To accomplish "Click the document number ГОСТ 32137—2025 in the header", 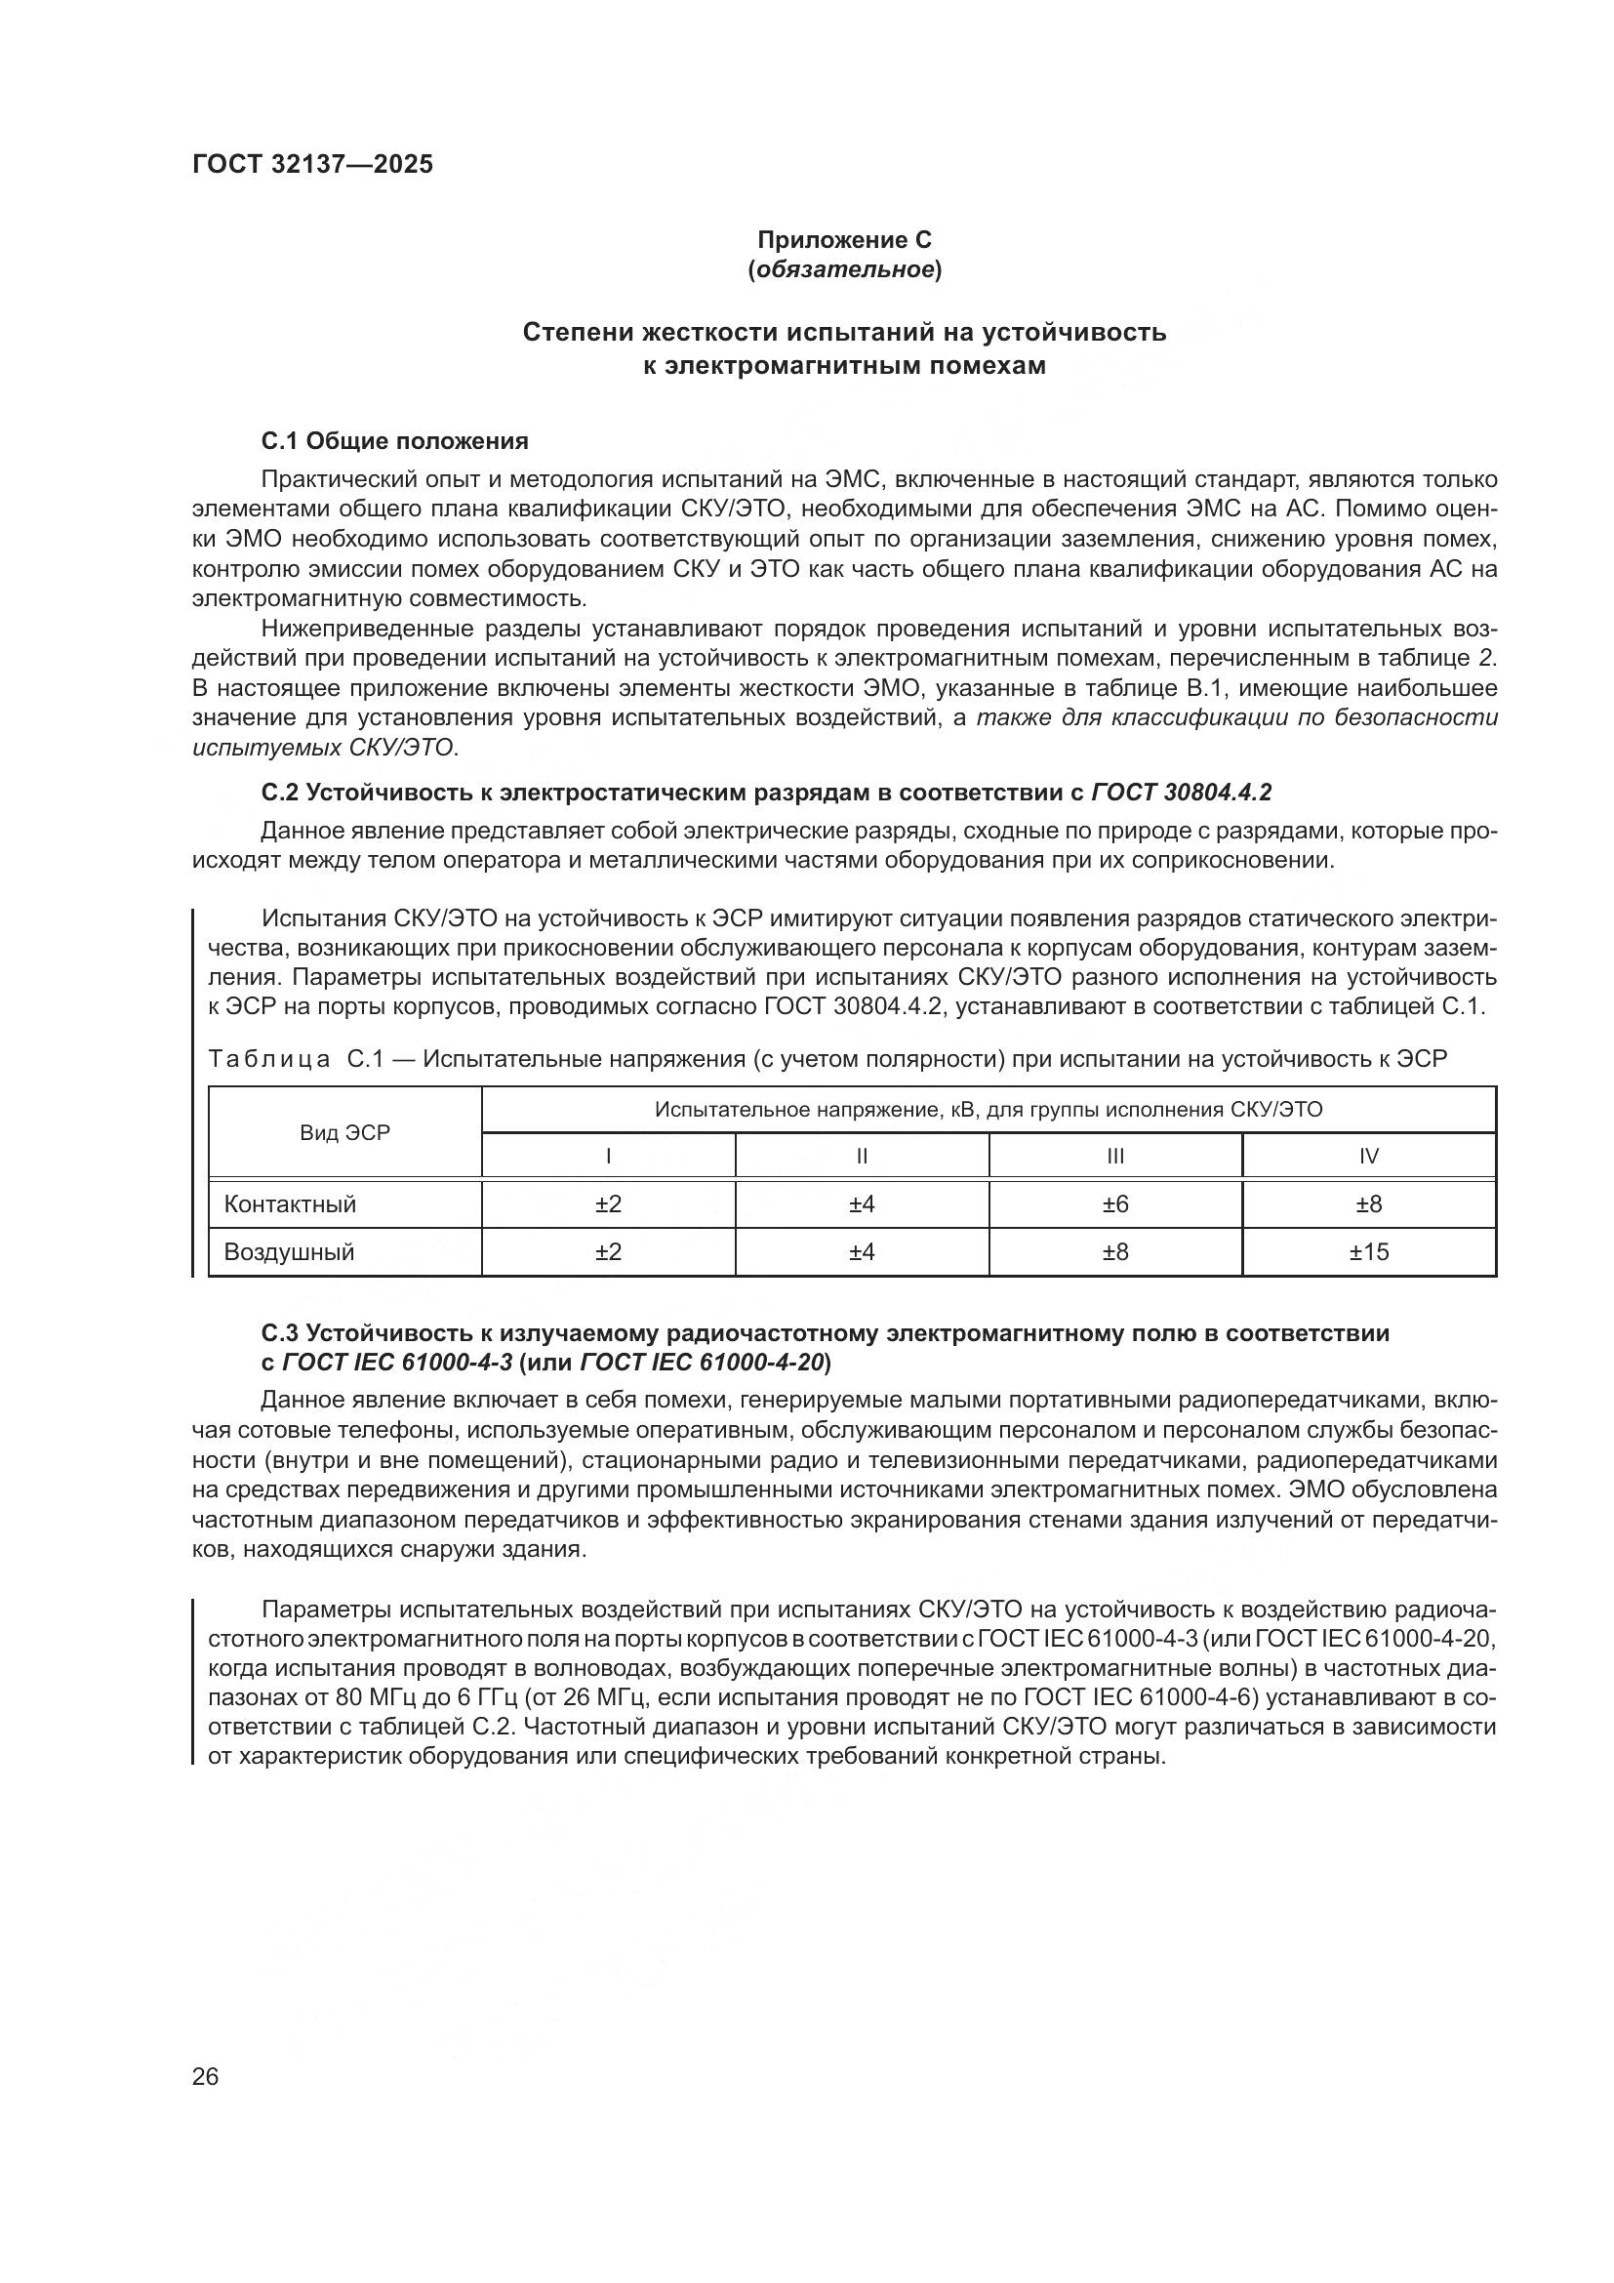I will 313,165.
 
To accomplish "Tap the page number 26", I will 206,2076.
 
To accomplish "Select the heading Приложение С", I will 845,240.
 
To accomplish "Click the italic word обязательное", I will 845,269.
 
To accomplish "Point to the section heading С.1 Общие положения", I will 394,440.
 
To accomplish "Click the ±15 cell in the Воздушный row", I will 1368,1252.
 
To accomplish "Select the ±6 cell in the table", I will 1115,1204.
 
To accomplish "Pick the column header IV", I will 1368,1157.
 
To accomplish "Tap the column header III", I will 1115,1157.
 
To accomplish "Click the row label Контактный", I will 290,1204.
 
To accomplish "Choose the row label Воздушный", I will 289,1252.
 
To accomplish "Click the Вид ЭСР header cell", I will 344,1132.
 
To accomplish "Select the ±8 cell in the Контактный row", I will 1368,1204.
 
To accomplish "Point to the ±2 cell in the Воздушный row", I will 608,1252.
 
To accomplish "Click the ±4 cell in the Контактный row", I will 862,1204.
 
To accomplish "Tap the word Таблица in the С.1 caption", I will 269,1059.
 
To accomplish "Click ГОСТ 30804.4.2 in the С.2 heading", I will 1182,793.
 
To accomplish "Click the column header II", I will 862,1157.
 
